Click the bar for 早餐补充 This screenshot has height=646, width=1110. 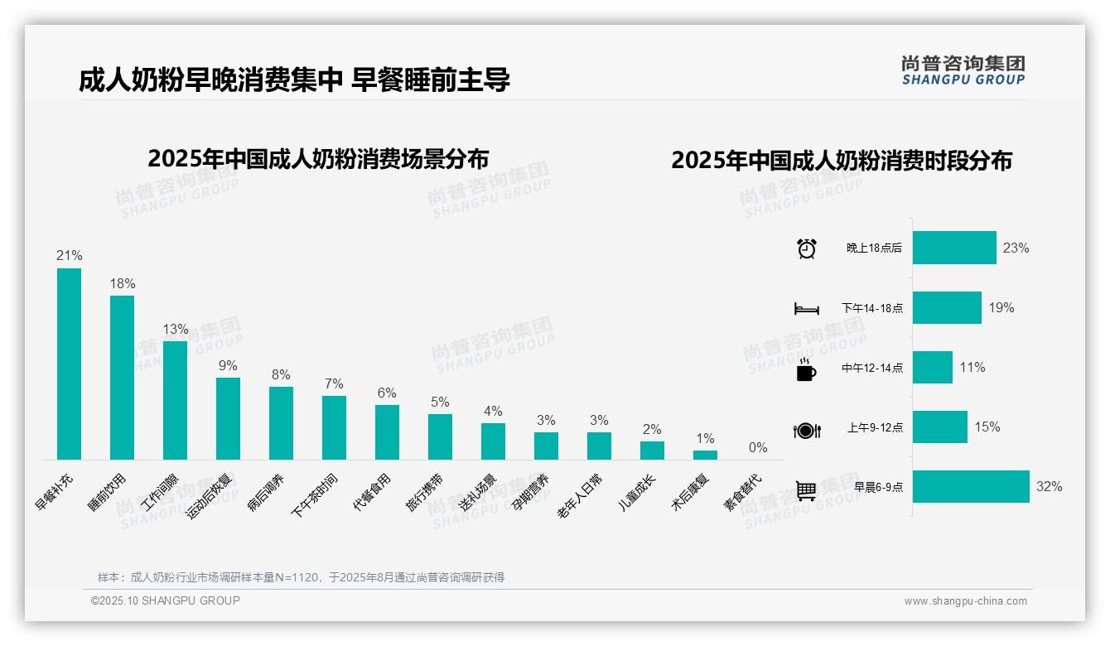point(69,364)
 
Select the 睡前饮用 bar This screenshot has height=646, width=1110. point(122,378)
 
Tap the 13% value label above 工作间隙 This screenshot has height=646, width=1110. point(175,329)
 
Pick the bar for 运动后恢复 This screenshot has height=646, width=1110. point(228,418)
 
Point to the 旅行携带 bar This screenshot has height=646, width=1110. point(440,436)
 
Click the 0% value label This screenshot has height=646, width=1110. point(758,448)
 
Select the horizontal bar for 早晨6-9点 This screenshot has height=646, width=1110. point(971,487)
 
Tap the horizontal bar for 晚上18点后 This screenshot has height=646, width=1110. point(954,248)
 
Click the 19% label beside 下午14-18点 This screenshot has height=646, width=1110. point(1001,307)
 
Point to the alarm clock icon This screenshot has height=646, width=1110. point(806,248)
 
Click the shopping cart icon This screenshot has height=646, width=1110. point(806,490)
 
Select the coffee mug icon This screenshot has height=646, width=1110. point(806,369)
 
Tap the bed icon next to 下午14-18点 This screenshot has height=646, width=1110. point(806,309)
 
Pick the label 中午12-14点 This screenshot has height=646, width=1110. point(872,369)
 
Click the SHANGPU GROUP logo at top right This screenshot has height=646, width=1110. point(963,70)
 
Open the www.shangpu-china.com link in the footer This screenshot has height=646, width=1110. point(965,601)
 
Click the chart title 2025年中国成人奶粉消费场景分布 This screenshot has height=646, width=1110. point(318,159)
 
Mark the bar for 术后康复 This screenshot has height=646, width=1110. point(705,455)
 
